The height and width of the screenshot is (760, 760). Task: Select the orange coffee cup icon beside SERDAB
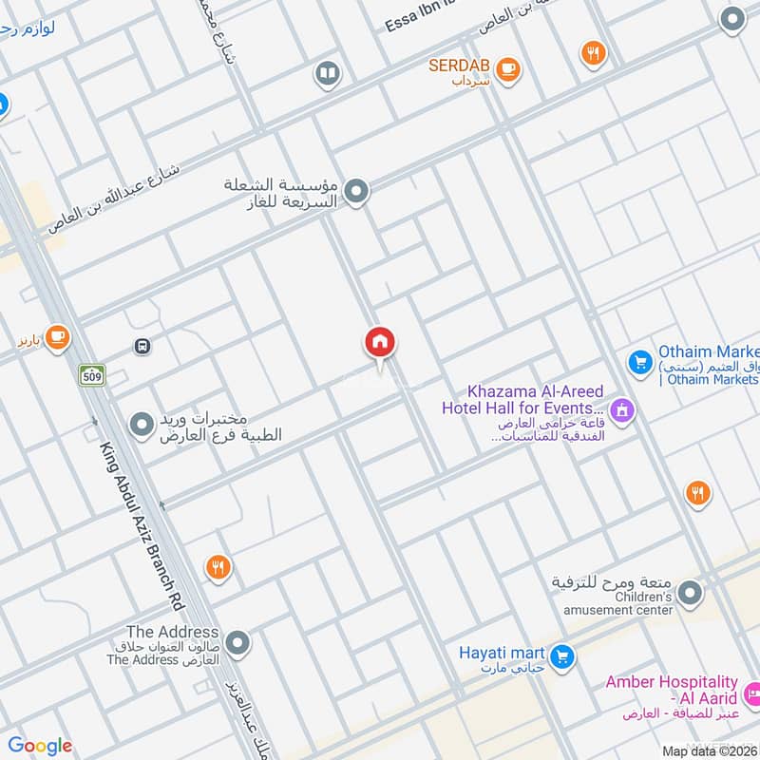click(509, 67)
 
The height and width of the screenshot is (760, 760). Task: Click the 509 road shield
click(91, 375)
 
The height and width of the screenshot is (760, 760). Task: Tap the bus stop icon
click(142, 347)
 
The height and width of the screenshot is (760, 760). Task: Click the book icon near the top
click(327, 74)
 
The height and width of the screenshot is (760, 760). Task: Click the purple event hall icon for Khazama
click(623, 410)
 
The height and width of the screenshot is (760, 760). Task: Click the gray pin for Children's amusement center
click(691, 595)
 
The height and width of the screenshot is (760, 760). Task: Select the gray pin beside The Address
click(237, 644)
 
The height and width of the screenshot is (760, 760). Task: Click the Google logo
click(40, 746)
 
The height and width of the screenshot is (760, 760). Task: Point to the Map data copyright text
click(710, 750)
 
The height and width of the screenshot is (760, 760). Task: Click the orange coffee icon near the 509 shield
click(57, 336)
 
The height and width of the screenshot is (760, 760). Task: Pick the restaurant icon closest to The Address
click(218, 567)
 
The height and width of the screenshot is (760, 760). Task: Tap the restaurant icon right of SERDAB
click(594, 54)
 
